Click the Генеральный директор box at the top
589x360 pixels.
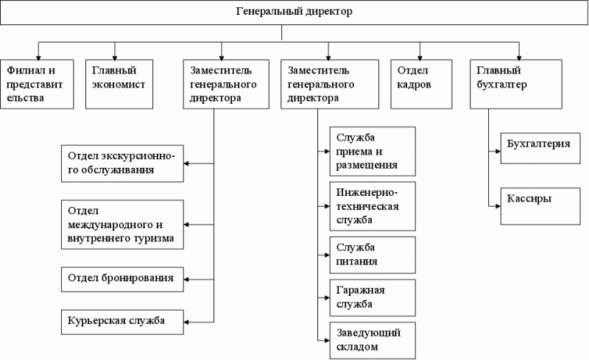tap(294, 13)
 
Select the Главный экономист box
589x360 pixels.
tap(119, 84)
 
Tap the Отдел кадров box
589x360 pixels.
tap(421, 84)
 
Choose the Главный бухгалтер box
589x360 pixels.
tap(516, 84)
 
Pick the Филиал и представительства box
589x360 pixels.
tap(37, 84)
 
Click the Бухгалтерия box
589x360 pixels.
tap(540, 148)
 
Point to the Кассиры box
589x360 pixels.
tap(540, 206)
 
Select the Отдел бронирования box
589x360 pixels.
tap(122, 280)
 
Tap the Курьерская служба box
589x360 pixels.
tap(122, 322)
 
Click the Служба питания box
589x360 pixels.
tap(373, 255)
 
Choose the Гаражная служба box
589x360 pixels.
tap(373, 297)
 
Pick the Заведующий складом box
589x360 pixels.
tap(373, 340)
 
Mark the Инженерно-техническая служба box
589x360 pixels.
tap(373, 206)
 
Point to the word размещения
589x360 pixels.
tap(367, 166)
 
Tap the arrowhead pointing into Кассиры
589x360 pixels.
tap(498, 206)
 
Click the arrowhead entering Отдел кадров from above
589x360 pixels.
tap(420, 57)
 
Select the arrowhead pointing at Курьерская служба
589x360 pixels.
tap(186, 322)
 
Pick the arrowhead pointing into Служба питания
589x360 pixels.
tap(327, 255)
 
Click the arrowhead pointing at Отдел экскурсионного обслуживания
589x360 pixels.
tap(186, 163)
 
